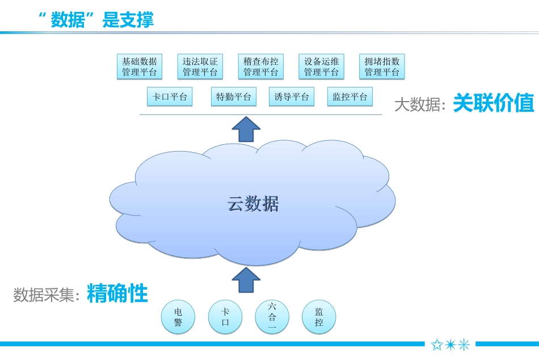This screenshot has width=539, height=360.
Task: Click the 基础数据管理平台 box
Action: coord(140,66)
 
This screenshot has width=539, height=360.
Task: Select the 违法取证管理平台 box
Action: coord(200,66)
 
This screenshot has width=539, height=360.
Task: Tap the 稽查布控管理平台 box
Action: coord(260,66)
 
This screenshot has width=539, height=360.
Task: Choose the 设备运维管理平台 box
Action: coord(321,66)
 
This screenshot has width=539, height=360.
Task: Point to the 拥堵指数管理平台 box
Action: coord(382,66)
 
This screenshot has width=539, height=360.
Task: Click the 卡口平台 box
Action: coord(170,97)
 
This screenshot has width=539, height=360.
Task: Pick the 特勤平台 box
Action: coord(234,97)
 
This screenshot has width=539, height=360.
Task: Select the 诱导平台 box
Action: coord(292,97)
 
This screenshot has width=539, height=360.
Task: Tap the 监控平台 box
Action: coord(350,97)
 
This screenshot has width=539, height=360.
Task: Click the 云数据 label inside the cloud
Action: coord(253,203)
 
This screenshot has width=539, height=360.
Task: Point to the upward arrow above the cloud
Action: coord(246,129)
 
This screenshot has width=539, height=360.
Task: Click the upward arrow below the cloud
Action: coord(246,280)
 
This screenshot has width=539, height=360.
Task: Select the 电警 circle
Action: coord(178,317)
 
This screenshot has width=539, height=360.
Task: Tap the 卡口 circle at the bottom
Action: coord(225,317)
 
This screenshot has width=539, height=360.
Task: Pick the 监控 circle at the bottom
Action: coord(319,317)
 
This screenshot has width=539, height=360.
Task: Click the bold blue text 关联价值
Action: coord(494,103)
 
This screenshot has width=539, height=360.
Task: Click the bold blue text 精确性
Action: coord(117,294)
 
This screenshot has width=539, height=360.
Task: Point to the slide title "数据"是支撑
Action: coord(96,20)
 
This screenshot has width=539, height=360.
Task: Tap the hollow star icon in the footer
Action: coord(437,345)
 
